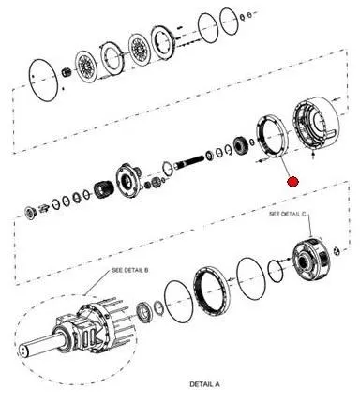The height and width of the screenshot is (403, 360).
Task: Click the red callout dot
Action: click(292, 182)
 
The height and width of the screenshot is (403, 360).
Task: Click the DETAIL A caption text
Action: click(204, 384)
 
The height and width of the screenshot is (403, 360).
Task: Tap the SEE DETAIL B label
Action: click(130, 270)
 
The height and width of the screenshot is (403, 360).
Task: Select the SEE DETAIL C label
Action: click(288, 214)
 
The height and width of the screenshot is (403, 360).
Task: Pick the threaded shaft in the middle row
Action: click(190, 161)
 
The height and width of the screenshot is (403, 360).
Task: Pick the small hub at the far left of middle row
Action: click(31, 213)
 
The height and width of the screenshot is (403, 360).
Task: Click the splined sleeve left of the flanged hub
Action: click(101, 188)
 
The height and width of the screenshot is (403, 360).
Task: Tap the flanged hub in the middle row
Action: click(127, 181)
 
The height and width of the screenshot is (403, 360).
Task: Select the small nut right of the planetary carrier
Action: click(336, 251)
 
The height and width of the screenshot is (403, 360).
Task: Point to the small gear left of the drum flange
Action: click(240, 144)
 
